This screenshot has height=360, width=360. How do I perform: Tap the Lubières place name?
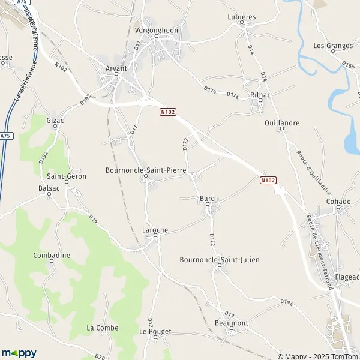pyautogui.click(x=241, y=17)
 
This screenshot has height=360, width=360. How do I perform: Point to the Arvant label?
pyautogui.click(x=116, y=68)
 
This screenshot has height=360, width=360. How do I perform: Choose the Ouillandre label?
pyautogui.click(x=281, y=123)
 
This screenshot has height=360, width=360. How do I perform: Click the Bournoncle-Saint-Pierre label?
pyautogui.click(x=145, y=170)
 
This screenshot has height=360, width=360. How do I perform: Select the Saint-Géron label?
pyautogui.click(x=67, y=176)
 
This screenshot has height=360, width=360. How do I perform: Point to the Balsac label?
pyautogui.click(x=49, y=188)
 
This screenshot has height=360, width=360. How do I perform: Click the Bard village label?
pyautogui.click(x=208, y=198)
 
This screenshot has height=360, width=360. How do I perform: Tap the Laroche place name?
pyautogui.click(x=155, y=230)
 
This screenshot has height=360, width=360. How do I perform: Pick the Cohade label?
pyautogui.click(x=338, y=202)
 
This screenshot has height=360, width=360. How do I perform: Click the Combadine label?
pyautogui.click(x=52, y=255)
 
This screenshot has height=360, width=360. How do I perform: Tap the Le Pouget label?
pyautogui.click(x=155, y=331)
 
